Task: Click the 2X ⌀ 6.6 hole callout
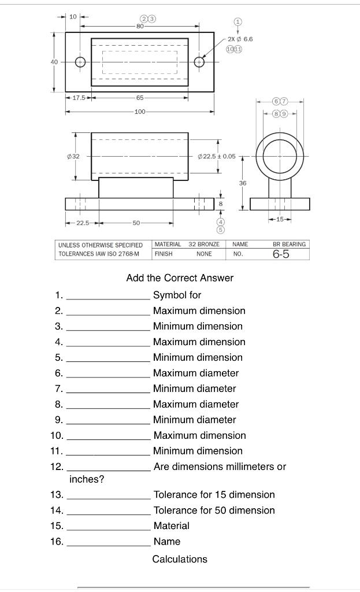click(x=240, y=39)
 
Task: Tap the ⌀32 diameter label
click(x=72, y=156)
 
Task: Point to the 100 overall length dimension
click(x=140, y=112)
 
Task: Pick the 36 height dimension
click(x=243, y=183)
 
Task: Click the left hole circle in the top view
click(x=80, y=62)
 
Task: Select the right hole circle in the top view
click(x=199, y=62)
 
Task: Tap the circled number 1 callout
click(x=237, y=21)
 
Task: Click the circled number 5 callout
click(x=220, y=230)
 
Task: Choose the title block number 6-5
click(x=281, y=254)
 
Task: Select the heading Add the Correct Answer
click(x=180, y=278)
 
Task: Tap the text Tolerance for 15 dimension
click(x=214, y=495)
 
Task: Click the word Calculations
click(x=180, y=559)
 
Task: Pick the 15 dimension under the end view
click(x=280, y=219)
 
